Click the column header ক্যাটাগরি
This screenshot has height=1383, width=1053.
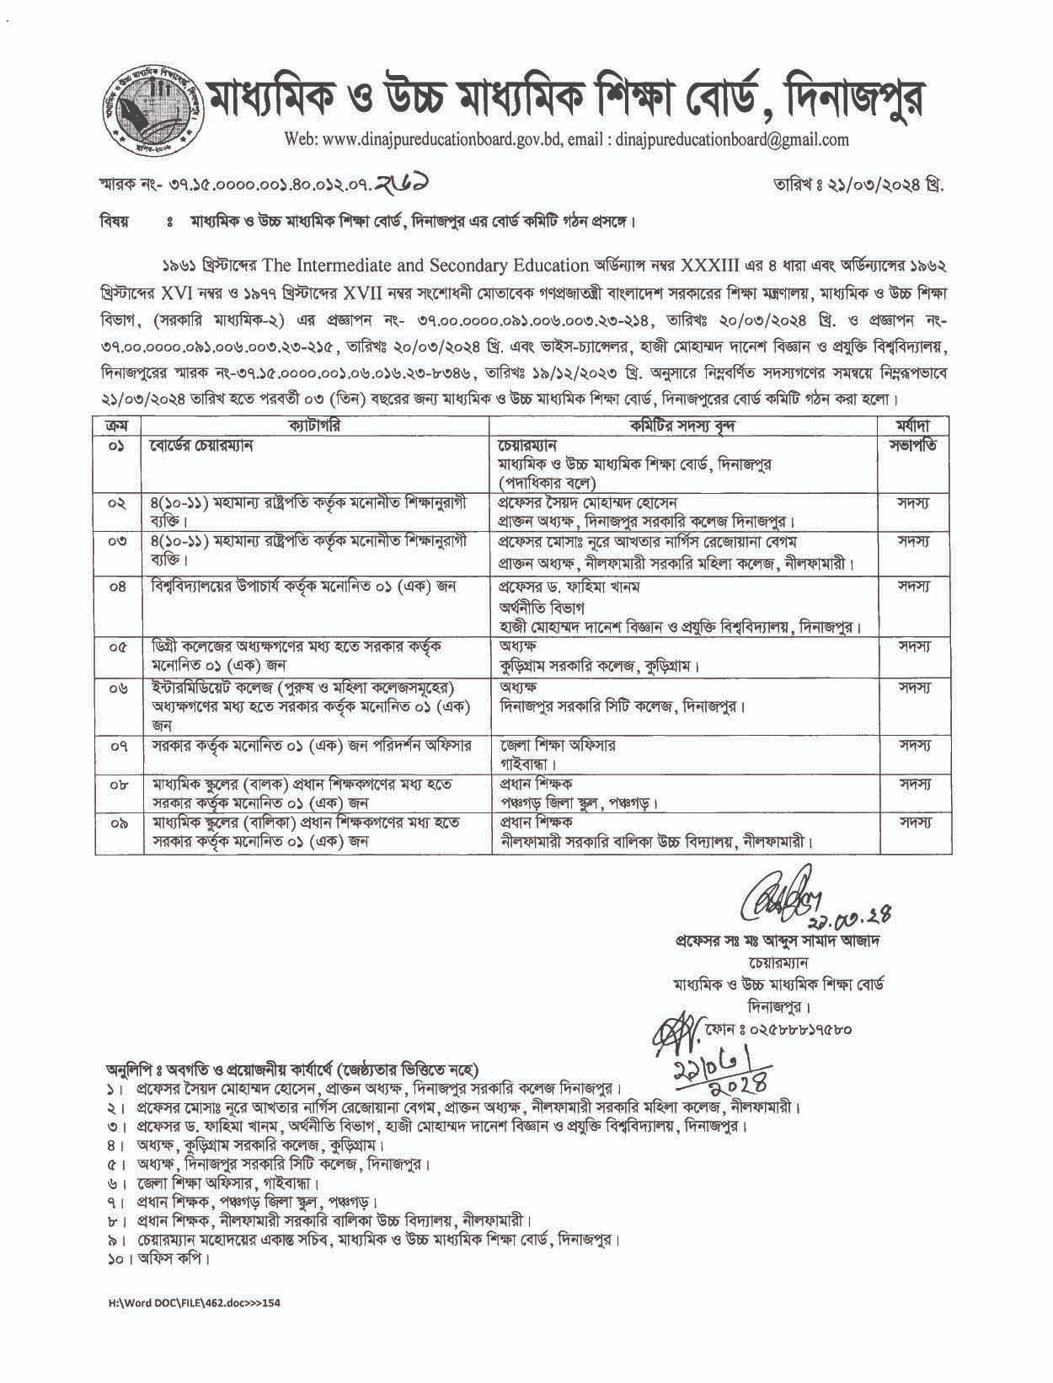[314, 426]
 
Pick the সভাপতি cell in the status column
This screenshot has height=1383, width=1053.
[914, 444]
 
